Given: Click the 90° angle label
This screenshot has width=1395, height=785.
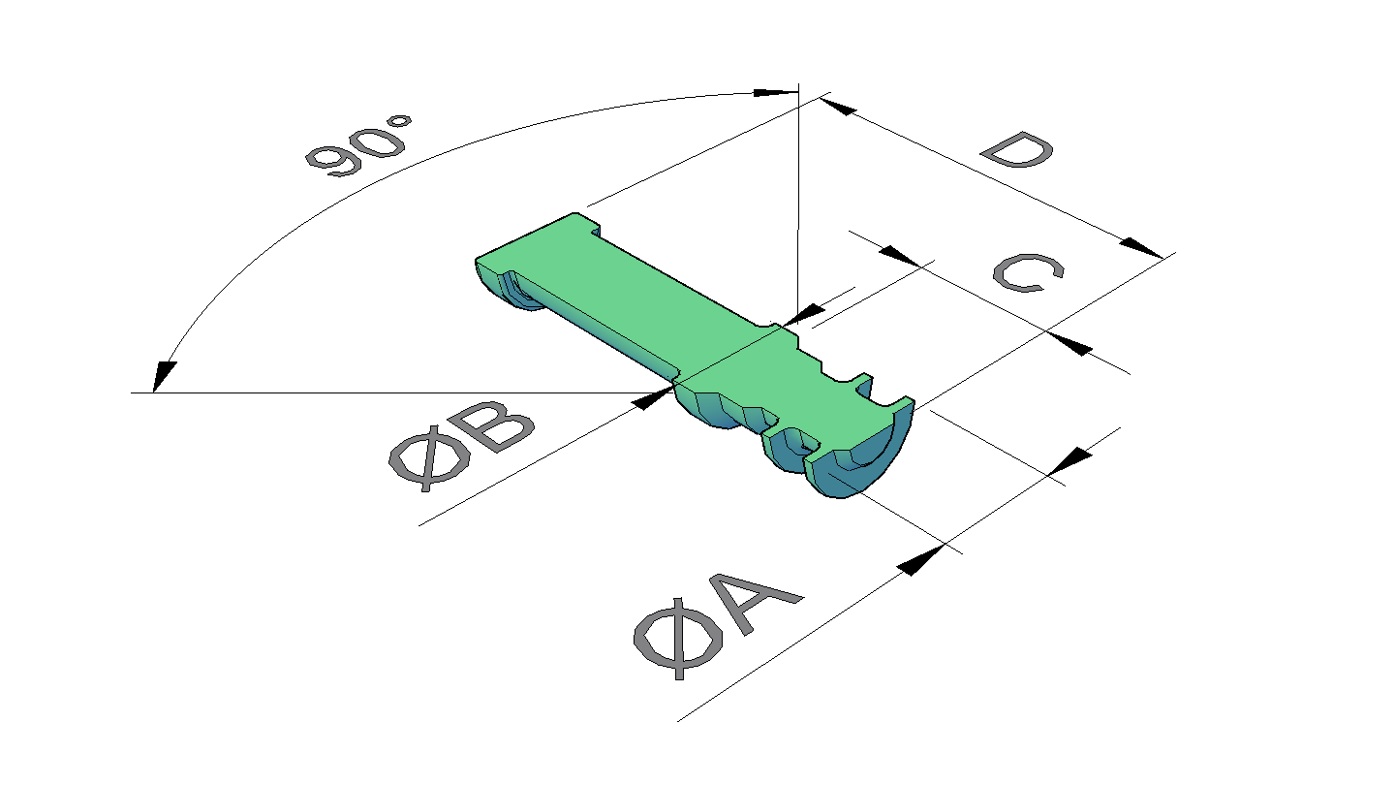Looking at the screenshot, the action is (358, 144).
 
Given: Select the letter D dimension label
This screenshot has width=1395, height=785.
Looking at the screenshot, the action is (1017, 149).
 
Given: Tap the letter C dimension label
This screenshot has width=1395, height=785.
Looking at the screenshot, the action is (1028, 272).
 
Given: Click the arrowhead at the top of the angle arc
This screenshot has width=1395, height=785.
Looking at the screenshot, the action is (775, 93).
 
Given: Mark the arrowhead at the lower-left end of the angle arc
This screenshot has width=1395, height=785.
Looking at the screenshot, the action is (163, 376).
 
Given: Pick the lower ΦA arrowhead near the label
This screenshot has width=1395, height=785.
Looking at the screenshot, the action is (920, 560).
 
